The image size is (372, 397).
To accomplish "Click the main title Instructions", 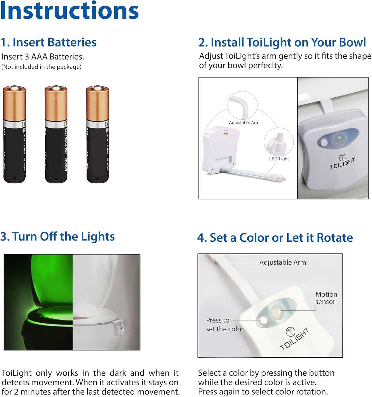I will click(x=69, y=11).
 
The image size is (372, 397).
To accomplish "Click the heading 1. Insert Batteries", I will click(x=48, y=42).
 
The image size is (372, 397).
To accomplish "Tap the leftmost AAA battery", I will click(x=14, y=134).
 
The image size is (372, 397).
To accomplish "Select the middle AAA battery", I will click(x=56, y=134).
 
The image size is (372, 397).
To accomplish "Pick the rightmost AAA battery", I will click(x=97, y=134).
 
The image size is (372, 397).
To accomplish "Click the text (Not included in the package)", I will click(x=41, y=67).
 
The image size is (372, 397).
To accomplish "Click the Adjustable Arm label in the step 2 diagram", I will click(x=244, y=123).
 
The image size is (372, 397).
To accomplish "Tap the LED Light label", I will click(x=279, y=159).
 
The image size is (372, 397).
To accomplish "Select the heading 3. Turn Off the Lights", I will click(x=57, y=236).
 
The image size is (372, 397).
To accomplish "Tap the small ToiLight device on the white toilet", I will click(x=120, y=328).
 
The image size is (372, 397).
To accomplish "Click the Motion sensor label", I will click(x=326, y=298).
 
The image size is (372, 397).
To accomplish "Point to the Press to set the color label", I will click(x=224, y=324).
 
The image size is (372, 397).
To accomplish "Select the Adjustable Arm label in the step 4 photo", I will click(x=283, y=262).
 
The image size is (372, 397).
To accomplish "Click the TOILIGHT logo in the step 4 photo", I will click(x=294, y=338).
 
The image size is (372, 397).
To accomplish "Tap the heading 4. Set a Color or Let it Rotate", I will click(x=275, y=238).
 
